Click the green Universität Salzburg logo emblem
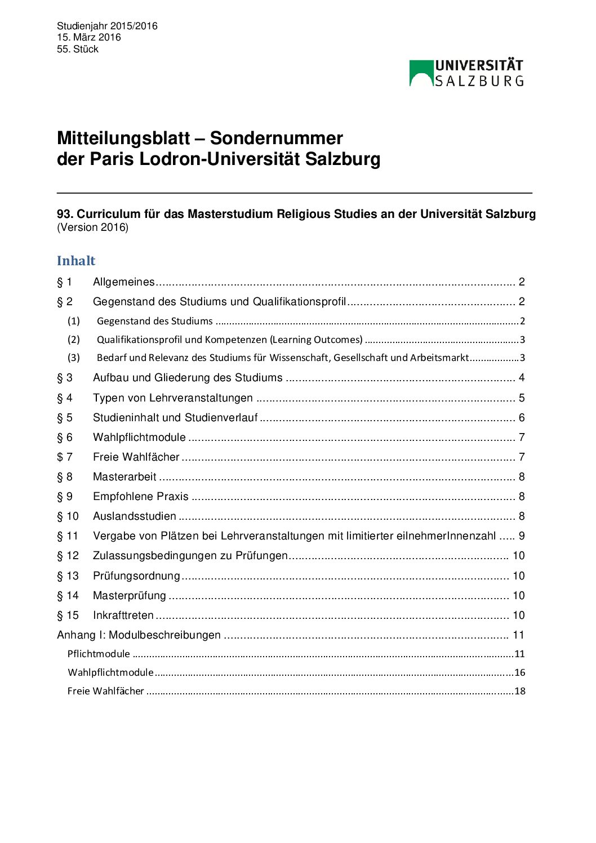(421, 73)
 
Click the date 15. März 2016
(89, 37)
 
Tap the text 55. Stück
(78, 49)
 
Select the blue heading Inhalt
(76, 261)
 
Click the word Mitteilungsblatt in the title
(123, 139)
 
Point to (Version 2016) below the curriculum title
(92, 228)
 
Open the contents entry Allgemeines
(123, 282)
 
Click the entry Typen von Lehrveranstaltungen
(172, 398)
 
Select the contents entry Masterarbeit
(124, 477)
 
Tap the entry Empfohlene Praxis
(140, 497)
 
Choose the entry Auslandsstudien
(134, 516)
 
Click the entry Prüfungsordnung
(136, 576)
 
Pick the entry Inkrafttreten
(123, 615)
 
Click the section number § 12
(68, 556)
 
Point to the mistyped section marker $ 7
(65, 457)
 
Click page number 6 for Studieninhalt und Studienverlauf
(522, 418)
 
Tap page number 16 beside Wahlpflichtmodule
(519, 672)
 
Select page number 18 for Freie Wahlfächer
(519, 691)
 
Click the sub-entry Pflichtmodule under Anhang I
(99, 654)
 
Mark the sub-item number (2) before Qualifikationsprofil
(74, 340)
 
